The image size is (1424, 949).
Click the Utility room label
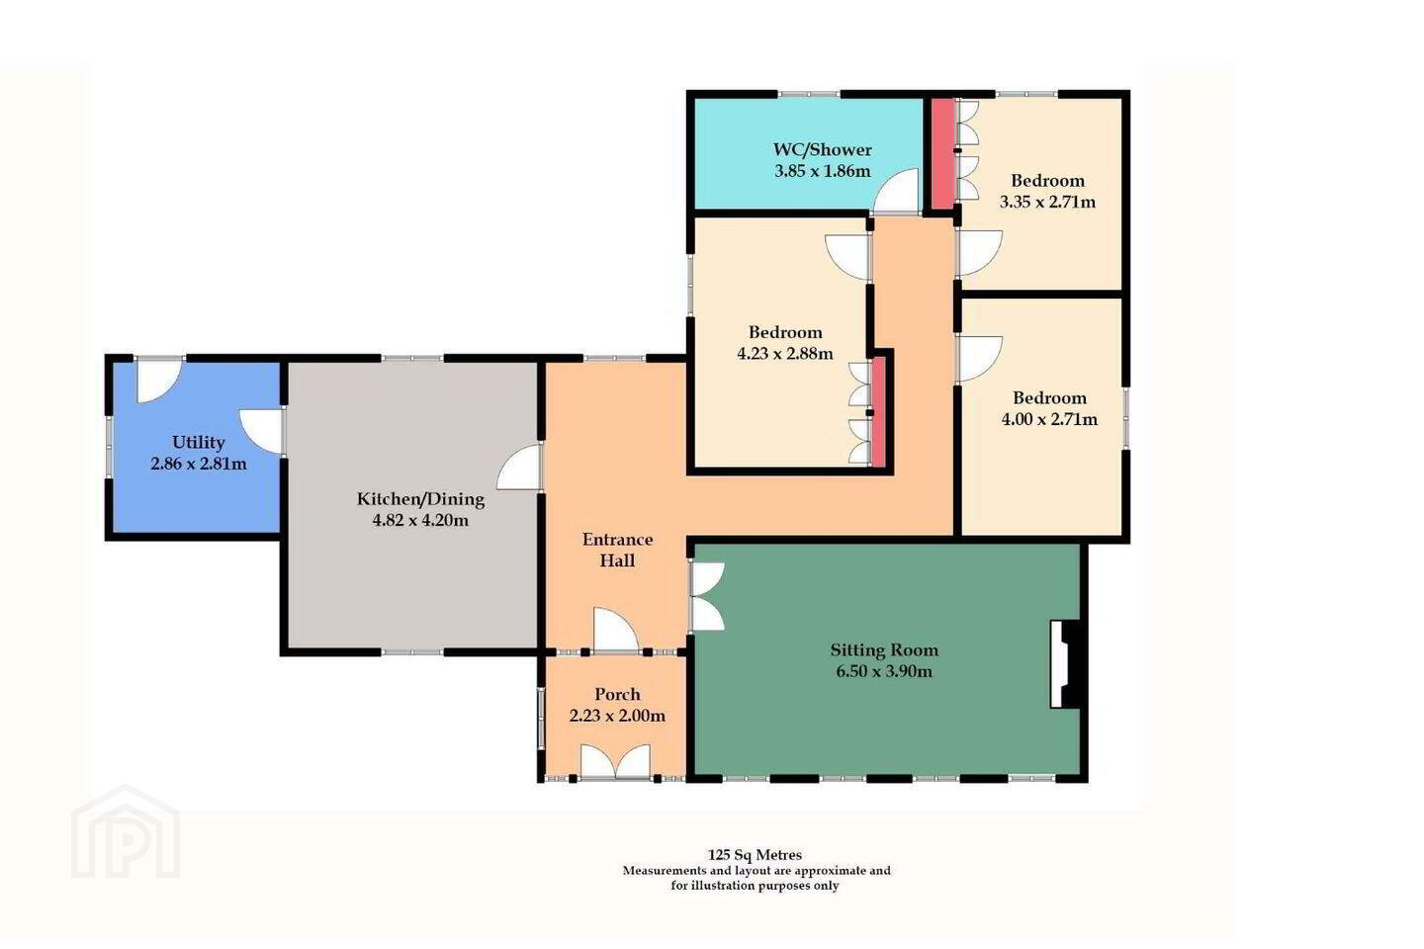(199, 442)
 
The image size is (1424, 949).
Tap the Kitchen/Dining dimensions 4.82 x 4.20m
(420, 521)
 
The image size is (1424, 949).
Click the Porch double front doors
(615, 761)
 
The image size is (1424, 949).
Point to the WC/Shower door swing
(897, 190)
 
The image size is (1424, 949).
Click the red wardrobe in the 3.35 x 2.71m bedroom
(942, 154)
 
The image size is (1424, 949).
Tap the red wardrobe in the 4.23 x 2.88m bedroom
(878, 412)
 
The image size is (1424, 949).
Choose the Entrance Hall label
(617, 550)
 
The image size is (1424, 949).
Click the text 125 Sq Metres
(756, 855)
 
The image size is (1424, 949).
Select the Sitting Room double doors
(708, 596)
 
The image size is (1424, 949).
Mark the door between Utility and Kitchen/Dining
(261, 432)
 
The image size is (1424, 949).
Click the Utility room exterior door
(160, 381)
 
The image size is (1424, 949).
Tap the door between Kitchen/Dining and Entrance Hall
(519, 467)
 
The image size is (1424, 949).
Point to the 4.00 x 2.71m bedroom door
(980, 359)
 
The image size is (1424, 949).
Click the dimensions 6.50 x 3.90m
(884, 671)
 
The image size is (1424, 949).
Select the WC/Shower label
(823, 150)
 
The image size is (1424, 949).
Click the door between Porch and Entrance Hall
(615, 630)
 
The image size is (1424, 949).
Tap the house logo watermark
(126, 832)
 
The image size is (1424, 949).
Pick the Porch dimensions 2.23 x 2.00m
(617, 717)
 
